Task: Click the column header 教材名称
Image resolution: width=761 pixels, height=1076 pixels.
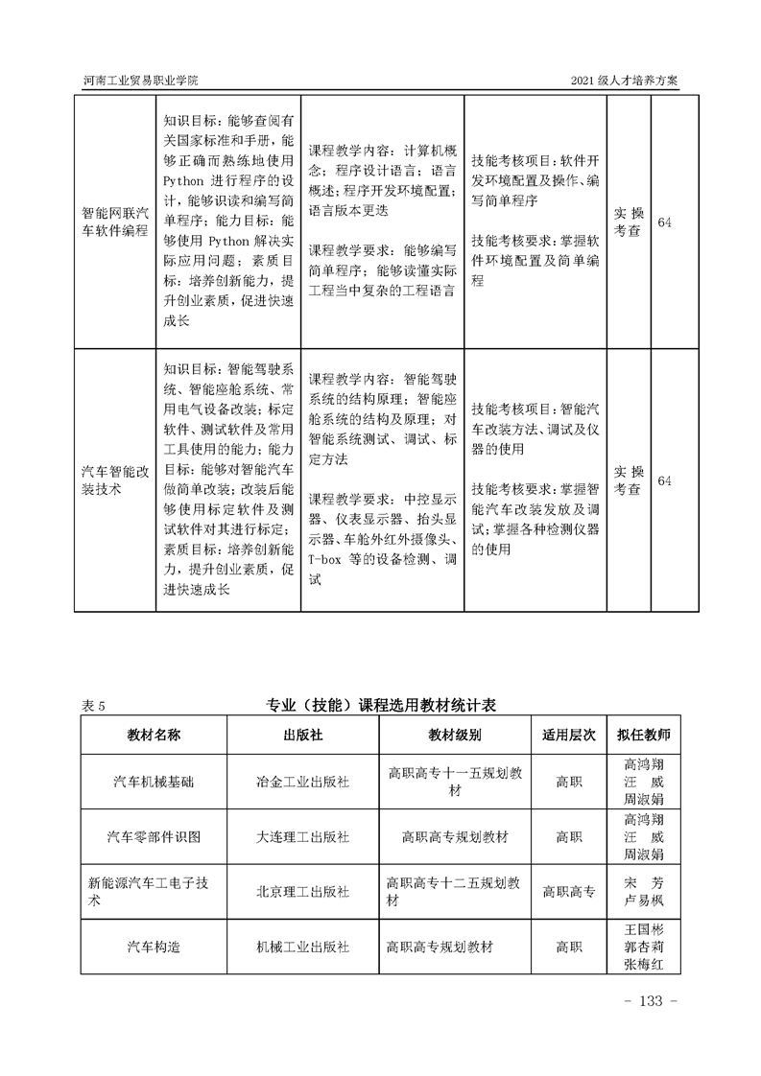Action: pyautogui.click(x=154, y=735)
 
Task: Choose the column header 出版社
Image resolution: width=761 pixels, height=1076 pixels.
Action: pyautogui.click(x=302, y=735)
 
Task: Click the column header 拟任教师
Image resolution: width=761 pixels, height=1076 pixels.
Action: pyautogui.click(x=643, y=735)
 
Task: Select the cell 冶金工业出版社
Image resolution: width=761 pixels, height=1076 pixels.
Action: pyautogui.click(x=302, y=782)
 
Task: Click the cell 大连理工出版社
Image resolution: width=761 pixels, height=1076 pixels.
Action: pyautogui.click(x=302, y=836)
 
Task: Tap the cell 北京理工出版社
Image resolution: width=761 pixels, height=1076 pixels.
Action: pyautogui.click(x=302, y=891)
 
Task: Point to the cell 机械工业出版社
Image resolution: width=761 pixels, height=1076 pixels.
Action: pyautogui.click(x=302, y=946)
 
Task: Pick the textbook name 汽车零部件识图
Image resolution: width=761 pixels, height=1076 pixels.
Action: pyautogui.click(x=154, y=836)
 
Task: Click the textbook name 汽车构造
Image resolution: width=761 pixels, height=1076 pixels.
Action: pyautogui.click(x=154, y=946)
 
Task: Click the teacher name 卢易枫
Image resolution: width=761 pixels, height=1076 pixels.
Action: pyautogui.click(x=643, y=901)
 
